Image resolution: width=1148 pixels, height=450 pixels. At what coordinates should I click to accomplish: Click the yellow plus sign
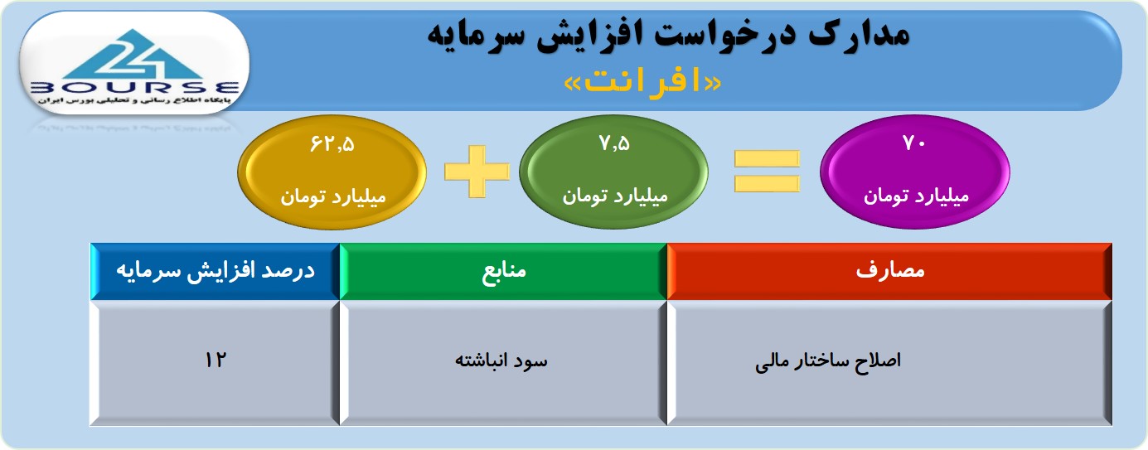coord(477,172)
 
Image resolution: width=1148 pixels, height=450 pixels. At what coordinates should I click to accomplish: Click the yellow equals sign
coord(767,172)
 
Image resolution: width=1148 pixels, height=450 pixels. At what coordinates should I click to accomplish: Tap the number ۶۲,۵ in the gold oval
coord(332,144)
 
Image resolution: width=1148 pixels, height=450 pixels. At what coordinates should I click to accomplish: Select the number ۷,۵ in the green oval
coord(614,143)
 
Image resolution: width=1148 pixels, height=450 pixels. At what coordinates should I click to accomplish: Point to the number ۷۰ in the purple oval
coord(914,143)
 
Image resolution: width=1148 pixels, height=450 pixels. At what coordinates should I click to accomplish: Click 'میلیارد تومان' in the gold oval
coord(332,196)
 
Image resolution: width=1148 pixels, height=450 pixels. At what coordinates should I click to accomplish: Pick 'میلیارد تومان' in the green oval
coord(614,196)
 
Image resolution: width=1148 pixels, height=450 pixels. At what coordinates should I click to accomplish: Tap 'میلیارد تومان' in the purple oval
coord(916,196)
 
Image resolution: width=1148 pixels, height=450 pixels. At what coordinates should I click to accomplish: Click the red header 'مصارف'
coord(889,271)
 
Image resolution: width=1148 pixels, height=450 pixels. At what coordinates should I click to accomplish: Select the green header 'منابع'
coord(503,271)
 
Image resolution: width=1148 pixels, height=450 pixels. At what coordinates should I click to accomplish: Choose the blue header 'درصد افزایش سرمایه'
coord(216,271)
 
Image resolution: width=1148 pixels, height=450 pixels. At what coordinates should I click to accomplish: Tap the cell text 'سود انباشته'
coord(501,360)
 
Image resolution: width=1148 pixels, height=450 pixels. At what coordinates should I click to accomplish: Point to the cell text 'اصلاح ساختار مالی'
coord(828,361)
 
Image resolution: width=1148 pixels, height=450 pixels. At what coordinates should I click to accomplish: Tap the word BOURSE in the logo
coord(135,88)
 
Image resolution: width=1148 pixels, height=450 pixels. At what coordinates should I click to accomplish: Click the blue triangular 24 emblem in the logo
coord(134,55)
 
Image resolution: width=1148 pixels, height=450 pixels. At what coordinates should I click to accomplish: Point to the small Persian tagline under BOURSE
coord(135,100)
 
